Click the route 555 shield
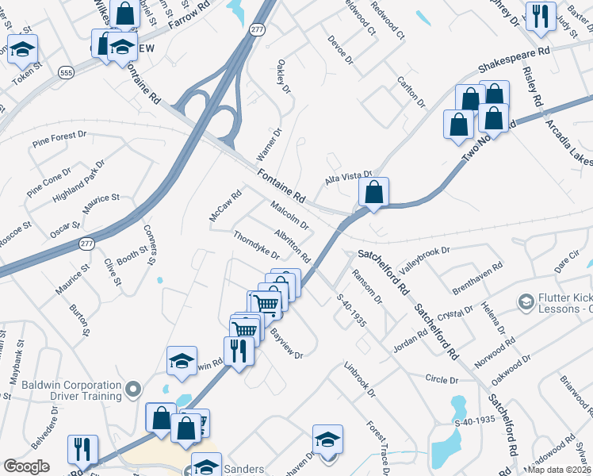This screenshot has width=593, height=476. pyautogui.click(x=67, y=72)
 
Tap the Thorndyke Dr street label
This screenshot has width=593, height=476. pyautogui.click(x=256, y=245)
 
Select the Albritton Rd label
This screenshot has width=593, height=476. pyautogui.click(x=292, y=247)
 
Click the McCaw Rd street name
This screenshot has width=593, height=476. pyautogui.click(x=224, y=205)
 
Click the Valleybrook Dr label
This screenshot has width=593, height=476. pyautogui.click(x=423, y=257)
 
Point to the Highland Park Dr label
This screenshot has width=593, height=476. pyautogui.click(x=79, y=180)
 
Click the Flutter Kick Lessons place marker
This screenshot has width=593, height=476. pyautogui.click(x=525, y=301)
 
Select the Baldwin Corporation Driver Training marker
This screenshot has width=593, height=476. pyautogui.click(x=133, y=389)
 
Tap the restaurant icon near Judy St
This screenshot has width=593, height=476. pyautogui.click(x=541, y=16)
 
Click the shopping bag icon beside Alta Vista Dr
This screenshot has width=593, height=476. pyautogui.click(x=373, y=192)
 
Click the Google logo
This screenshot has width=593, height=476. pyautogui.click(x=26, y=466)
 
